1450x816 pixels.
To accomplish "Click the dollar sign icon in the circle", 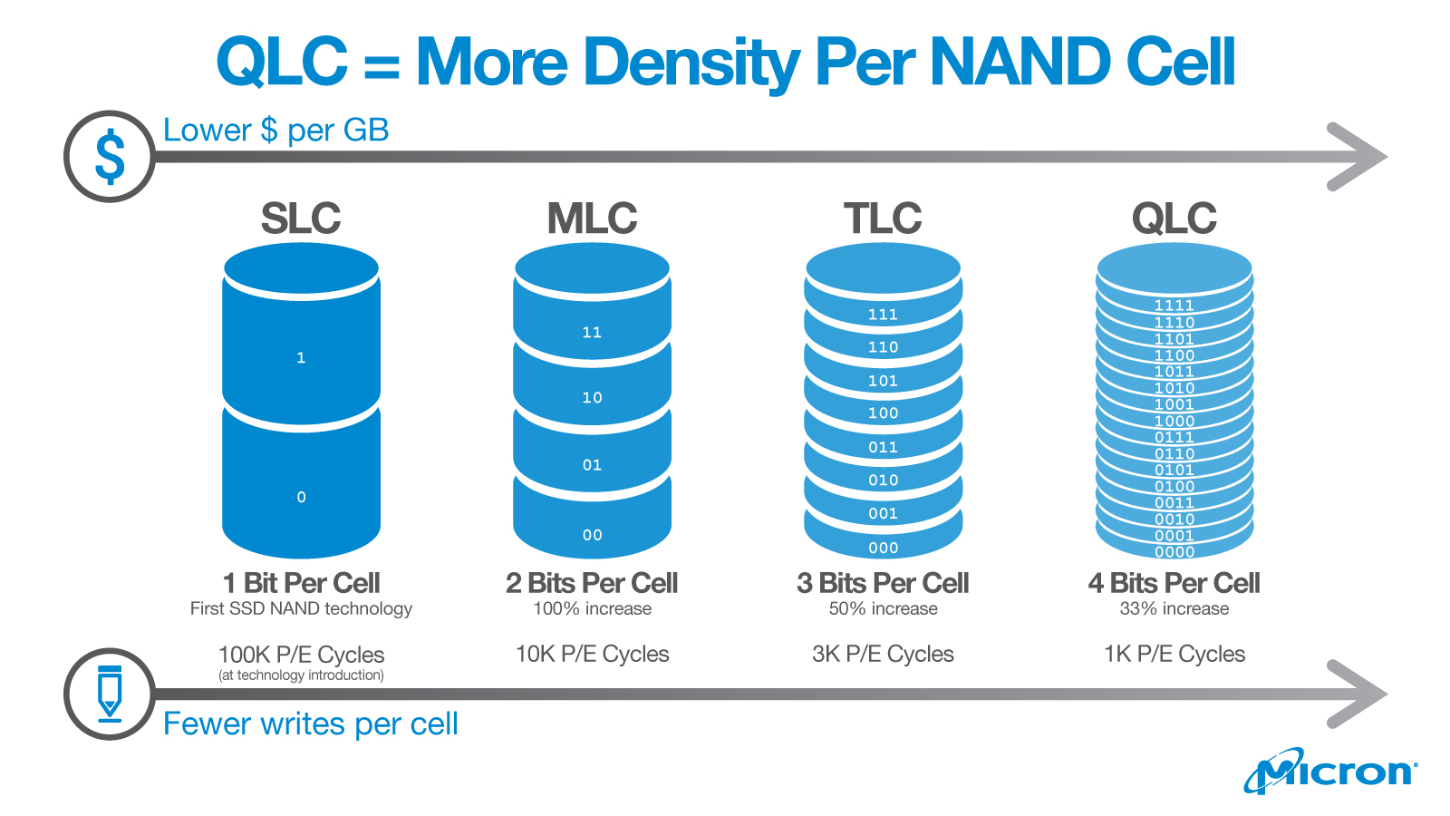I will (x=110, y=157).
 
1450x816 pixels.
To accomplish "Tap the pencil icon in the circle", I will (x=110, y=694).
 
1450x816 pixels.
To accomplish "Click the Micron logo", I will (x=1330, y=772).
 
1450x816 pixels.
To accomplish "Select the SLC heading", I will (x=301, y=219).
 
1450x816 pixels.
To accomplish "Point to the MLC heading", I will (x=592, y=219).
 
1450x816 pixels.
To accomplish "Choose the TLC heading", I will (x=883, y=219).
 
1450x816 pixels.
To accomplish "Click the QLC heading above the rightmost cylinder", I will (x=1174, y=219).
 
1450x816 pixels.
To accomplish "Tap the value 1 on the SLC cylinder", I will (x=301, y=358).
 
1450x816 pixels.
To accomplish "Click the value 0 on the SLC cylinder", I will (x=301, y=497).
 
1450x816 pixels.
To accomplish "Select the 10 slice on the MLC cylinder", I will (x=592, y=397).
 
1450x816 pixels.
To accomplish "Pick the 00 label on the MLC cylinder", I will (x=592, y=535).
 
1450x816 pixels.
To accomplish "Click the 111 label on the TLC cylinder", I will (x=883, y=315).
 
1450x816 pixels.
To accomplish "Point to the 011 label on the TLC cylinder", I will (x=883, y=447).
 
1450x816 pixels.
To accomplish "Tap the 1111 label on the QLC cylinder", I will (x=1174, y=306).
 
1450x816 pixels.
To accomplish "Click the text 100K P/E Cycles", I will (x=301, y=655).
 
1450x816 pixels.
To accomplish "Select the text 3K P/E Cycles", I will (x=883, y=654).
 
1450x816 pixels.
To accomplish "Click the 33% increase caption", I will (x=1174, y=608).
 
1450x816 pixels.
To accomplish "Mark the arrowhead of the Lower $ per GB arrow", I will (x=1359, y=157).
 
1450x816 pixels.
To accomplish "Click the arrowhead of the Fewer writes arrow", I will (x=1359, y=694).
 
